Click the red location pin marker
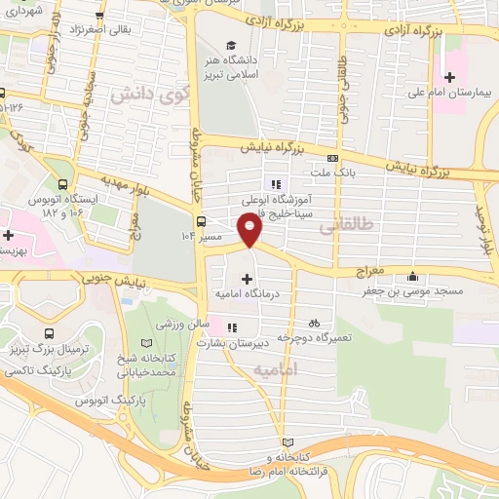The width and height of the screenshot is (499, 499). point(250,231)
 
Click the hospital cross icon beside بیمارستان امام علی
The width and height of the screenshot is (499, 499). point(449,77)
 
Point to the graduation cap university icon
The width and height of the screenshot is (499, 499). point(232,45)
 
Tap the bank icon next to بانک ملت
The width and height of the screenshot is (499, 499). point(332,158)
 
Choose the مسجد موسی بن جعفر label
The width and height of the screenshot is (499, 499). point(415,289)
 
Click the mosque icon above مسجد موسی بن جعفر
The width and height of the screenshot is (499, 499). point(416,274)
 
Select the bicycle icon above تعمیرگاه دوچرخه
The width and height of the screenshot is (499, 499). point(313,322)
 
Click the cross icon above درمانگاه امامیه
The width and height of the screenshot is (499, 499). point(246,279)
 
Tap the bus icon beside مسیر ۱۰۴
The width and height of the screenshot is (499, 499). point(200,220)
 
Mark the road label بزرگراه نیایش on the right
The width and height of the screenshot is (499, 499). point(428,167)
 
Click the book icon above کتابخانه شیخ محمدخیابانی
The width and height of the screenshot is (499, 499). point(146,344)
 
